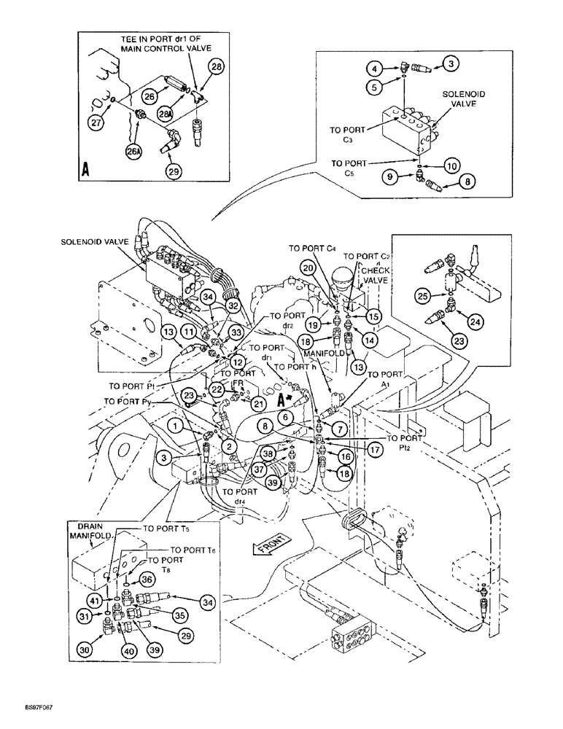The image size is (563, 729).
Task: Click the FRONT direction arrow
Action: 273,543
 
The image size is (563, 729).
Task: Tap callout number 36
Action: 148,580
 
